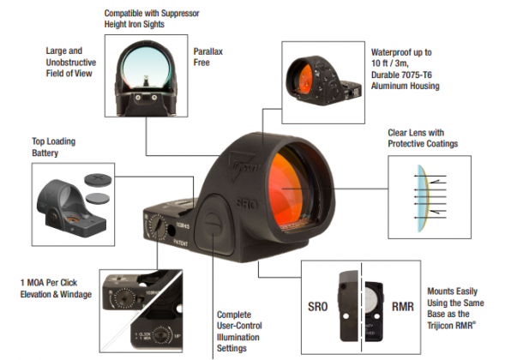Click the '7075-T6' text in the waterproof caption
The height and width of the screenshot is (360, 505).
point(425,75)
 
